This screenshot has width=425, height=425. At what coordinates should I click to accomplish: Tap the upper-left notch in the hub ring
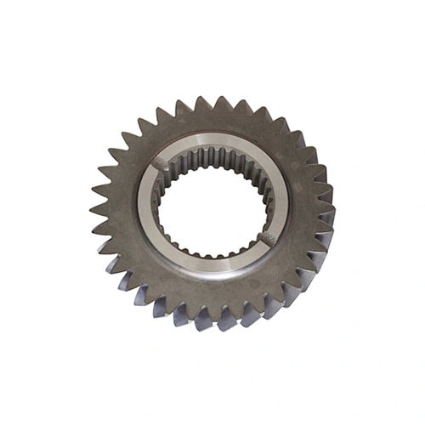pyautogui.click(x=160, y=161)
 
